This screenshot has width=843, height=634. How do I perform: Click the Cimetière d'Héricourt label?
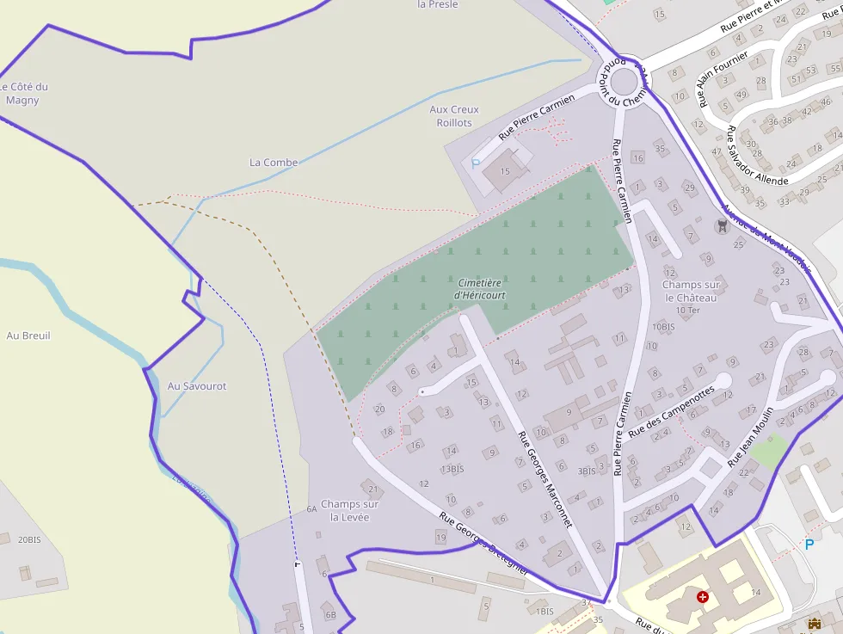pyautogui.click(x=480, y=288)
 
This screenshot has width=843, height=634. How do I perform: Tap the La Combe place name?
pyautogui.click(x=274, y=162)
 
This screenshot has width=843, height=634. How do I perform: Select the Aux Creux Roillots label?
pyautogui.click(x=454, y=116)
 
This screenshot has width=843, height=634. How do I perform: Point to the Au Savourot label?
pyautogui.click(x=197, y=386)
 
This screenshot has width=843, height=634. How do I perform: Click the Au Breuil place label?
pyautogui.click(x=28, y=335)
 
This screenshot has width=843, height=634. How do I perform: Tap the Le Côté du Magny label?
pyautogui.click(x=23, y=93)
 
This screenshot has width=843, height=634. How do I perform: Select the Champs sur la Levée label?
pyautogui.click(x=349, y=510)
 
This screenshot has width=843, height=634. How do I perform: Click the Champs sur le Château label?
pyautogui.click(x=691, y=291)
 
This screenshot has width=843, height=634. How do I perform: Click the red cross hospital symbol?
pyautogui.click(x=704, y=596)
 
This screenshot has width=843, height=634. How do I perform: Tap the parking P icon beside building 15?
pyautogui.click(x=475, y=163)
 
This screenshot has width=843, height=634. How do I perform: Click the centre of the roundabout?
pyautogui.click(x=624, y=83)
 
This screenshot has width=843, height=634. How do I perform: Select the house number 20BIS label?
pyautogui.click(x=29, y=539)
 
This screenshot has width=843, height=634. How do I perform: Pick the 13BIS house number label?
pyautogui.click(x=452, y=469)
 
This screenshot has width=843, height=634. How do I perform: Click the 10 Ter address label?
pyautogui.click(x=688, y=310)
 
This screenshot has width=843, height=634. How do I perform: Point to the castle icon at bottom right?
pyautogui.click(x=814, y=623)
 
